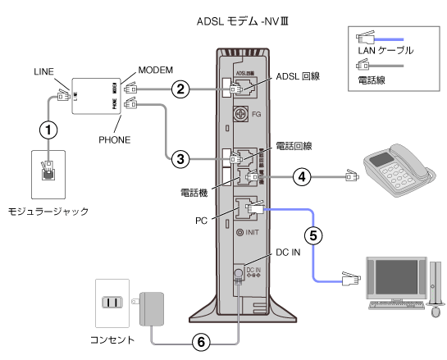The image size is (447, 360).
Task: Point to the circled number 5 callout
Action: pyautogui.click(x=312, y=234)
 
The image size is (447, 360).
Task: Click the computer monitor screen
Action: pyautogui.click(x=397, y=278)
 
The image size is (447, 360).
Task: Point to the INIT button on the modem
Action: pyautogui.click(x=241, y=232)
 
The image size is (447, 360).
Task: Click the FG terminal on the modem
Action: pyautogui.click(x=241, y=112)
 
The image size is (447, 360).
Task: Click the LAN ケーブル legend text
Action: pyautogui.click(x=385, y=51)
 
